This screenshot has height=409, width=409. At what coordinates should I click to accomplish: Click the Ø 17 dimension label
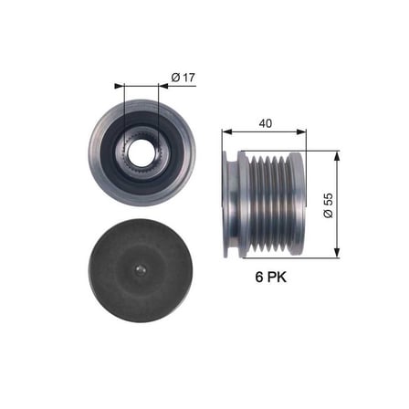[183, 78]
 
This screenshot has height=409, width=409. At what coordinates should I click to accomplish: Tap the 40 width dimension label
[265, 123]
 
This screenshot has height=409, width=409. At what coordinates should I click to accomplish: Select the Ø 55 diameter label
[329, 205]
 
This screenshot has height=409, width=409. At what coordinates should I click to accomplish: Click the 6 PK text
[271, 277]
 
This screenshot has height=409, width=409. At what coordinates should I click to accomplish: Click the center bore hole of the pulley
[142, 152]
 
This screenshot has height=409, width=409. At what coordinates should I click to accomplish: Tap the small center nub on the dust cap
[141, 270]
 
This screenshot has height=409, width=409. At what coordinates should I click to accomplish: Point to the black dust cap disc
[141, 270]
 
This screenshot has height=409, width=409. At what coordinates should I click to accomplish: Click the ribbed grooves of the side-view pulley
[268, 204]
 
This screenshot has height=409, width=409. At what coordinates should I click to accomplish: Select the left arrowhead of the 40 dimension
[227, 131]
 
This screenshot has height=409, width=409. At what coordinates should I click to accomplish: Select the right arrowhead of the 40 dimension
[301, 131]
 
